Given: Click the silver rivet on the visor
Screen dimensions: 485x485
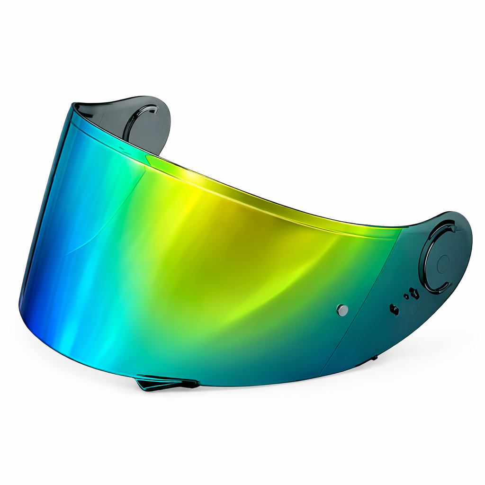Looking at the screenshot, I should [x=342, y=310].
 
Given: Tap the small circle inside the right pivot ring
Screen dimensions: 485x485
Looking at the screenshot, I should [x=443, y=264].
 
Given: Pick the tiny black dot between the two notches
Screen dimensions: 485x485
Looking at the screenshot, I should [x=406, y=296].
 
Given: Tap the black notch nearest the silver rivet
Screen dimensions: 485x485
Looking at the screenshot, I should [x=394, y=309].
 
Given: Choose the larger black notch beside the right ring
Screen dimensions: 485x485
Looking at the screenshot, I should [x=415, y=294].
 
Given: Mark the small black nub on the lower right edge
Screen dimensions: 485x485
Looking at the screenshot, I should [x=374, y=358].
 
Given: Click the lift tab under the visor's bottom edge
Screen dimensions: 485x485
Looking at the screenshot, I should [x=166, y=382].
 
